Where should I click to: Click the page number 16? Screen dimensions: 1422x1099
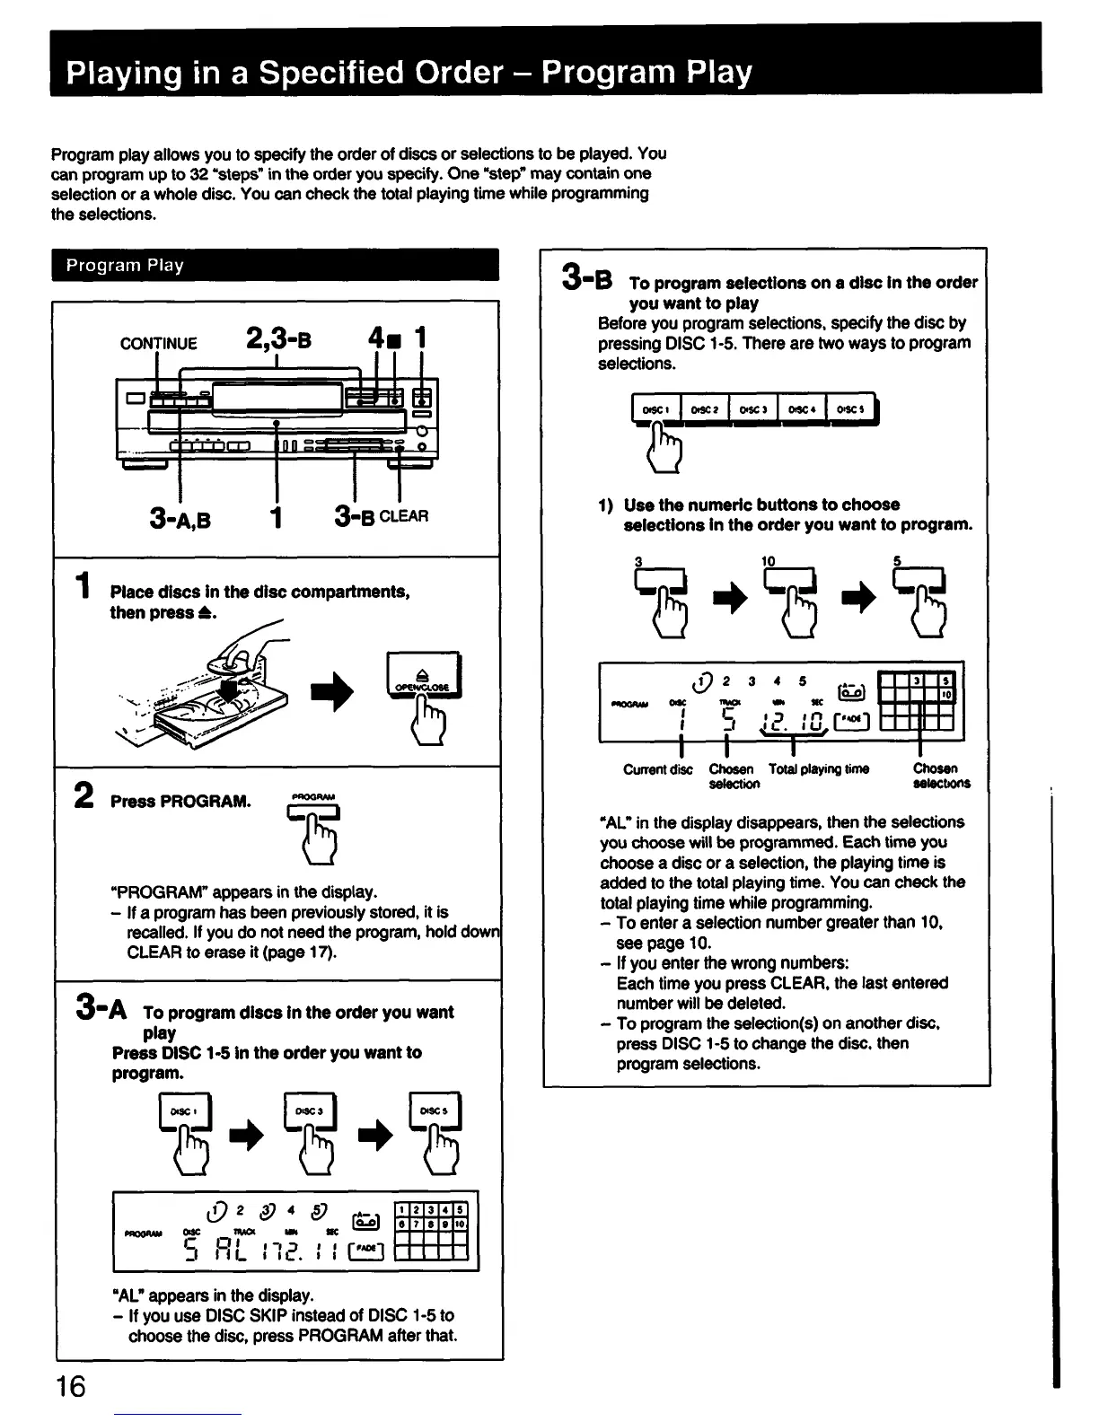coord(69,1386)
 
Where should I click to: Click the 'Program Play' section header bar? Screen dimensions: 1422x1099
coord(275,265)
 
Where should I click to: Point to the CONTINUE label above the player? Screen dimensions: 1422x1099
coord(158,343)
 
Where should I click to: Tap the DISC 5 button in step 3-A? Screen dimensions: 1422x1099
coord(435,1111)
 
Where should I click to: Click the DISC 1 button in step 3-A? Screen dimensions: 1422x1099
coord(184,1111)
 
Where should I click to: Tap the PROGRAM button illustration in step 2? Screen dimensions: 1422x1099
coord(313,813)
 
